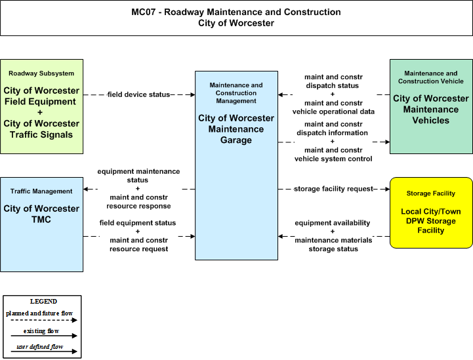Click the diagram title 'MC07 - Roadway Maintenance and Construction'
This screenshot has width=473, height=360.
coord(236,12)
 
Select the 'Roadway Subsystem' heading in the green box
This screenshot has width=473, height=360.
coord(41,73)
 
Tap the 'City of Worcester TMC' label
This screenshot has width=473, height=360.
coord(41,214)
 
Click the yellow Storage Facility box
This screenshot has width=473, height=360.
coord(431,213)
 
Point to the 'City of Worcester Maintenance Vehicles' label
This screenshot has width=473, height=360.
coord(431,109)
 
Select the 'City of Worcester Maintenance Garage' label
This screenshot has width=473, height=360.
coord(236,129)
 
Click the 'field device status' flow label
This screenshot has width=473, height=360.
coord(139,94)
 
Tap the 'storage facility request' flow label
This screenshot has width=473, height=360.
coord(334,189)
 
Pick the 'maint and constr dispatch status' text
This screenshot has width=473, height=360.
coord(333,81)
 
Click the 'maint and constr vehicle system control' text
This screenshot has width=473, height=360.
coord(333,154)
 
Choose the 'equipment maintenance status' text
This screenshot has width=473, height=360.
coord(138,176)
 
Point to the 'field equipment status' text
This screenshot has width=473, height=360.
coord(138,223)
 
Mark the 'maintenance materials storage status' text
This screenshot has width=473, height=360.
coord(333,245)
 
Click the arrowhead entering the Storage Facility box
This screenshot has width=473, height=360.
coord(387,189)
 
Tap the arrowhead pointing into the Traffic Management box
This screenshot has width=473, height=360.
coord(86,189)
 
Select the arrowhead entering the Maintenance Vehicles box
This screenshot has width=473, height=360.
coord(387,142)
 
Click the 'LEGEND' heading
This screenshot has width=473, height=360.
coord(43,302)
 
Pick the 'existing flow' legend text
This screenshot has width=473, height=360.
coord(41,331)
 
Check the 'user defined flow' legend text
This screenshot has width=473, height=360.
coord(40,347)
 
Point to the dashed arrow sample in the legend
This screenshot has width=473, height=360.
coord(44,320)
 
